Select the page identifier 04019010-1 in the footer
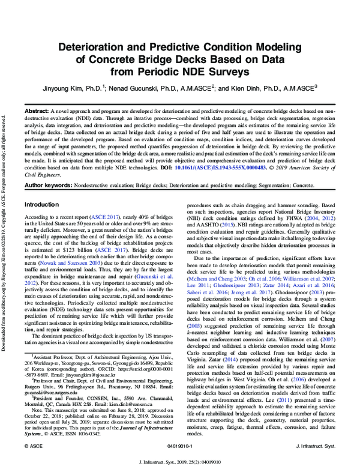(179, 447)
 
